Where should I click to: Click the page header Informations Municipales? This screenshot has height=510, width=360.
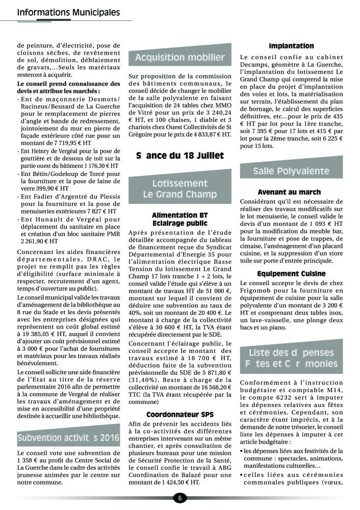pos(68,12)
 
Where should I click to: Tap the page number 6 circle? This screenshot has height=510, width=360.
pos(180,498)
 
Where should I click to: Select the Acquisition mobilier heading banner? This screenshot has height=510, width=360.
pos(179,58)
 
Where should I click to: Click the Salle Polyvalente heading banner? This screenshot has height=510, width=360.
pos(291,171)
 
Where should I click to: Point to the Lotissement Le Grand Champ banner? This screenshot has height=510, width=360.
pos(179,189)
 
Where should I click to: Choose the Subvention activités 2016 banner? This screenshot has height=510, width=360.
pos(68,438)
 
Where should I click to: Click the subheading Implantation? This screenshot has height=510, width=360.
pos(291,46)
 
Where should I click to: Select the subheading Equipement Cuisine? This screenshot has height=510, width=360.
pos(291,274)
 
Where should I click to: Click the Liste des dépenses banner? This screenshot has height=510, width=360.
pos(291,358)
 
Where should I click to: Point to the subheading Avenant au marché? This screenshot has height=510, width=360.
pos(289,192)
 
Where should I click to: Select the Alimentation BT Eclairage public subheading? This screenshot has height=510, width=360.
pos(179,219)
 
